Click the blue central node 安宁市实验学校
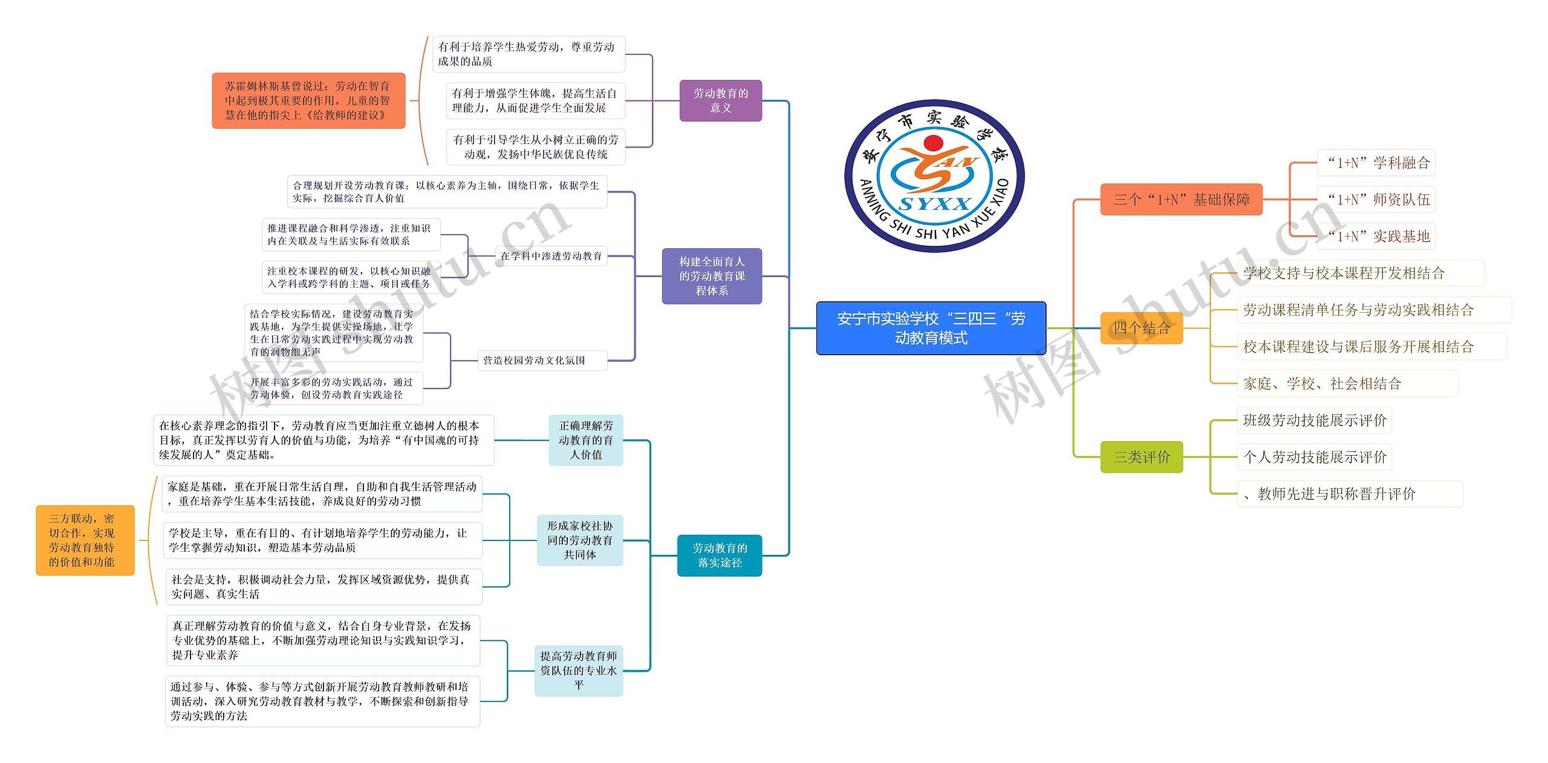click(931, 328)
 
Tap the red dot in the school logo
click(934, 143)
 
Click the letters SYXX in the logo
click(934, 203)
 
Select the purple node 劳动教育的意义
click(720, 100)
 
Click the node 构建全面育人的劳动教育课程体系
click(712, 276)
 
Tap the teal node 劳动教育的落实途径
click(719, 555)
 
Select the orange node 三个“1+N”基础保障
click(1181, 199)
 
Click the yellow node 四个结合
click(1141, 328)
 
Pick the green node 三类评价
click(1141, 457)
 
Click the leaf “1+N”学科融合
click(1376, 163)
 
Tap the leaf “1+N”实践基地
click(1376, 237)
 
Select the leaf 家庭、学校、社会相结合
click(1322, 383)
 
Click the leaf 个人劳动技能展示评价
click(1315, 457)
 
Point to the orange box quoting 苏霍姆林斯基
click(308, 100)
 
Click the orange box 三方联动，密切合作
click(84, 540)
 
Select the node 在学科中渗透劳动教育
click(551, 256)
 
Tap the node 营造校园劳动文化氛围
click(534, 361)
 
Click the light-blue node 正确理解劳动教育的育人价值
click(585, 440)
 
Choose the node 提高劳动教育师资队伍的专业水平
click(578, 670)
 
